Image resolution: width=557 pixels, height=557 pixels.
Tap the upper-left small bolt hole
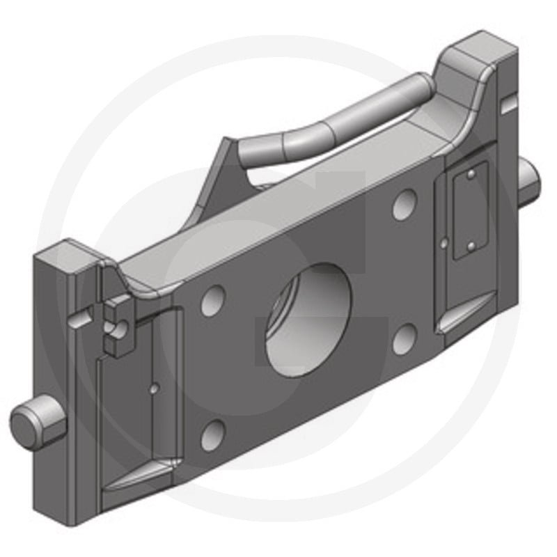pyautogui.click(x=213, y=300)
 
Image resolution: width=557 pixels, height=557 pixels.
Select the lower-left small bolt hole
pyautogui.click(x=213, y=434)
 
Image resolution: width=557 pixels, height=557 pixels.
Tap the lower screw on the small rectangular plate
pyautogui.click(x=472, y=244)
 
